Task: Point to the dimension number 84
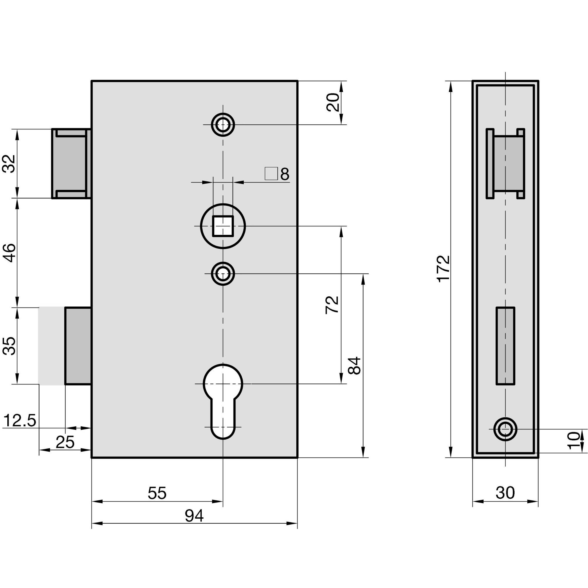pyautogui.click(x=355, y=365)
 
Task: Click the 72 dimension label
pyautogui.click(x=332, y=305)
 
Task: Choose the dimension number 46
pyautogui.click(x=9, y=253)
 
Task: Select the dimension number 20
pyautogui.click(x=332, y=103)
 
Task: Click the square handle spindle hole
pyautogui.click(x=223, y=226)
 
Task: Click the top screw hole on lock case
pyautogui.click(x=223, y=124)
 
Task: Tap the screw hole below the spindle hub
pyautogui.click(x=223, y=273)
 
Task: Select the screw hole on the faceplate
pyautogui.click(x=505, y=429)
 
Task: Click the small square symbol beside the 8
pyautogui.click(x=271, y=173)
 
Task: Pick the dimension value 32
pyautogui.click(x=9, y=164)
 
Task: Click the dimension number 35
pyautogui.click(x=9, y=346)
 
